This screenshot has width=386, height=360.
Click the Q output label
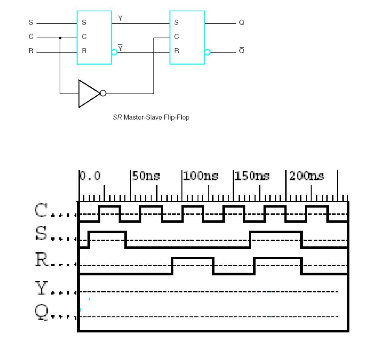(241, 23)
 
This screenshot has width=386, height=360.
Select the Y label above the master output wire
(120, 18)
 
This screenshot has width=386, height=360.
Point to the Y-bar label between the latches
(120, 47)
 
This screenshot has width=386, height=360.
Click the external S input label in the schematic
(31, 23)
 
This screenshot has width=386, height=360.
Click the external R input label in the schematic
(31, 52)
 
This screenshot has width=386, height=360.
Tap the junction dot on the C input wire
(60, 38)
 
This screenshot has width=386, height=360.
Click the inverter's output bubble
(103, 94)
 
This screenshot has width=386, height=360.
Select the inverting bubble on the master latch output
(114, 52)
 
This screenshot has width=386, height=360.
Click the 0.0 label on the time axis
(90, 176)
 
